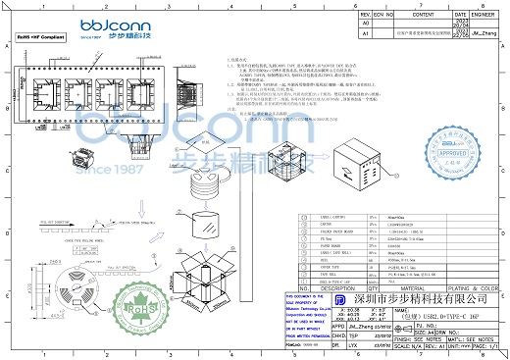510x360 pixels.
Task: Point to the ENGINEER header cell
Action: (484, 15)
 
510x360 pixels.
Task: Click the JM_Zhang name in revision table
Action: (484, 32)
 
